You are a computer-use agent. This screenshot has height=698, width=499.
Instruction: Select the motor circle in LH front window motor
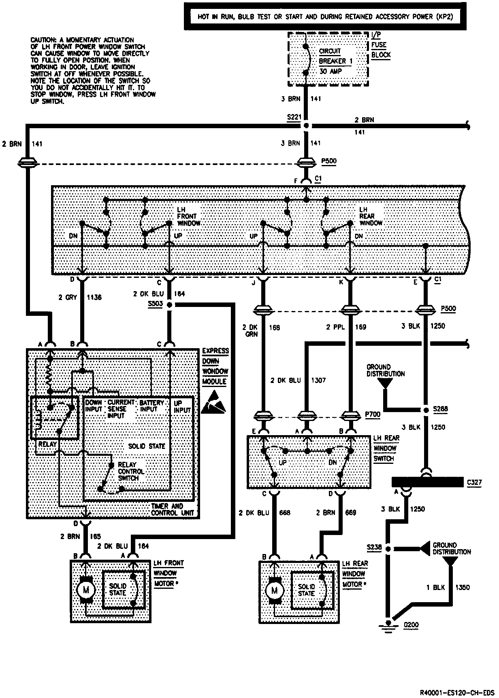[x=86, y=589]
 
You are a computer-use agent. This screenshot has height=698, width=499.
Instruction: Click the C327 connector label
[x=474, y=482]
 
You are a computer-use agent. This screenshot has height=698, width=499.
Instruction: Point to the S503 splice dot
[x=170, y=305]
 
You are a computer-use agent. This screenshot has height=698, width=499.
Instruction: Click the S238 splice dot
[x=388, y=549]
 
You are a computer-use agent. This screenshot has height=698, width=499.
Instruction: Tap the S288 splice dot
[x=425, y=410]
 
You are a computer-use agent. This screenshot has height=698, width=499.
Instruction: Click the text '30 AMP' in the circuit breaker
[x=331, y=71]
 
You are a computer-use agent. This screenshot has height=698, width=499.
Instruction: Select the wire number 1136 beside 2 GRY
[x=94, y=297]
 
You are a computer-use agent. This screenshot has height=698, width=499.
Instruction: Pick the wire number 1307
[x=318, y=380]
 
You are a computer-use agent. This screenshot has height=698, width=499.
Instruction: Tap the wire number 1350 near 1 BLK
[x=463, y=587]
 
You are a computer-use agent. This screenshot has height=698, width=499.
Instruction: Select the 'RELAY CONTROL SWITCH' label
[x=131, y=471]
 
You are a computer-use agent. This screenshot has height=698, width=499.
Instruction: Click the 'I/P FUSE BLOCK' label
[x=381, y=45]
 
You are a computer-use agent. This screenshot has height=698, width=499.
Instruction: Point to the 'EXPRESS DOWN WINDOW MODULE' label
[x=215, y=366]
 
